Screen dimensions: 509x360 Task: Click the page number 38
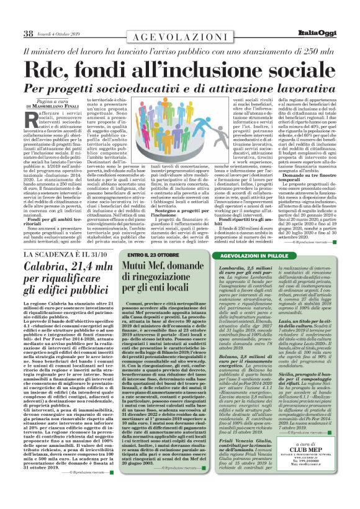tap(29, 34)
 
